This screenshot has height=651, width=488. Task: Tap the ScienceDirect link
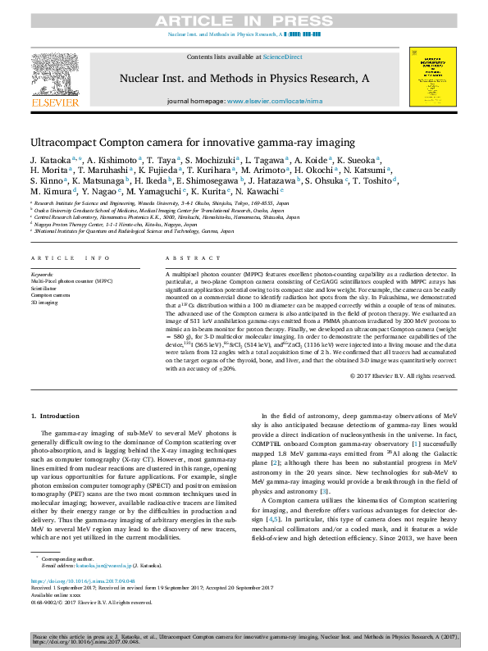(282, 57)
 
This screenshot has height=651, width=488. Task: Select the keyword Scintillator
(44, 289)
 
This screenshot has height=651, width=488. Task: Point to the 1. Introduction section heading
(55, 417)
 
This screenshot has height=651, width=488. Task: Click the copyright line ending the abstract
(402, 376)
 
